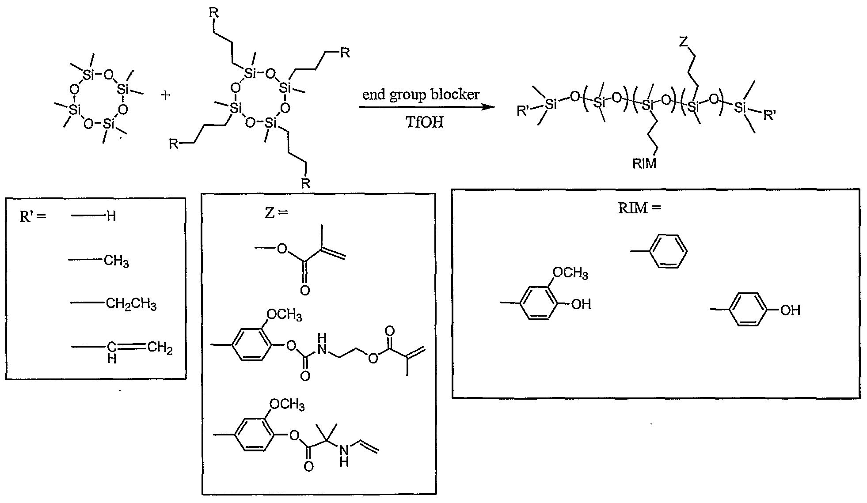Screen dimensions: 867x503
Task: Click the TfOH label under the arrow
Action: click(424, 122)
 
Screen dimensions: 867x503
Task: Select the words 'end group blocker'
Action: click(421, 95)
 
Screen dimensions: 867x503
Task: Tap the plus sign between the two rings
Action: click(166, 95)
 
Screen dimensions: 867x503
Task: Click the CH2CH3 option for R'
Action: click(131, 304)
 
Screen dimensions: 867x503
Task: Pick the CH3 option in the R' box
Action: click(116, 261)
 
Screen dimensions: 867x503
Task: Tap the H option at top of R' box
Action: click(111, 216)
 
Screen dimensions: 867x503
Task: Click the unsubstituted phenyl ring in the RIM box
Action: click(670, 251)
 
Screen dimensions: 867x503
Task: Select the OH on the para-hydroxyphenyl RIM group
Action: click(790, 310)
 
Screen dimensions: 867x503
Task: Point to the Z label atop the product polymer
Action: click(683, 42)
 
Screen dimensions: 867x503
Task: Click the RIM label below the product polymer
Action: click(645, 164)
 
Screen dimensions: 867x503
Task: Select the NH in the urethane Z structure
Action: click(323, 345)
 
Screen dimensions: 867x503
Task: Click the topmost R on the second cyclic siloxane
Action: click(213, 12)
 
